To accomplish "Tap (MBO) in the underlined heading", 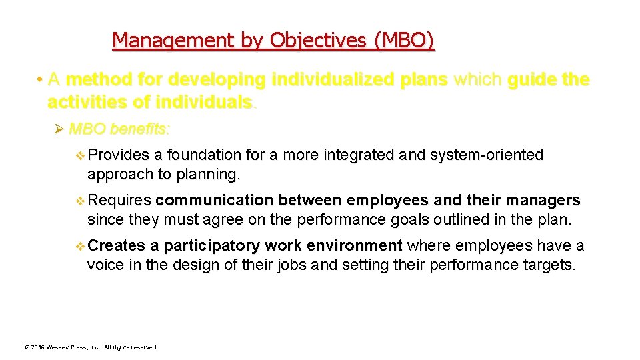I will pyautogui.click(x=404, y=41).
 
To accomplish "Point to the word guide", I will pyautogui.click(x=533, y=80).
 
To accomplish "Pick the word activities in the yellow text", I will pyautogui.click(x=87, y=103).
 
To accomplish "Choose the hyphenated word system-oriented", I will pyautogui.click(x=487, y=155).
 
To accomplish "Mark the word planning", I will pyautogui.click(x=210, y=175).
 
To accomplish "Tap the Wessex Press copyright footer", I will pyautogui.click(x=91, y=347).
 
